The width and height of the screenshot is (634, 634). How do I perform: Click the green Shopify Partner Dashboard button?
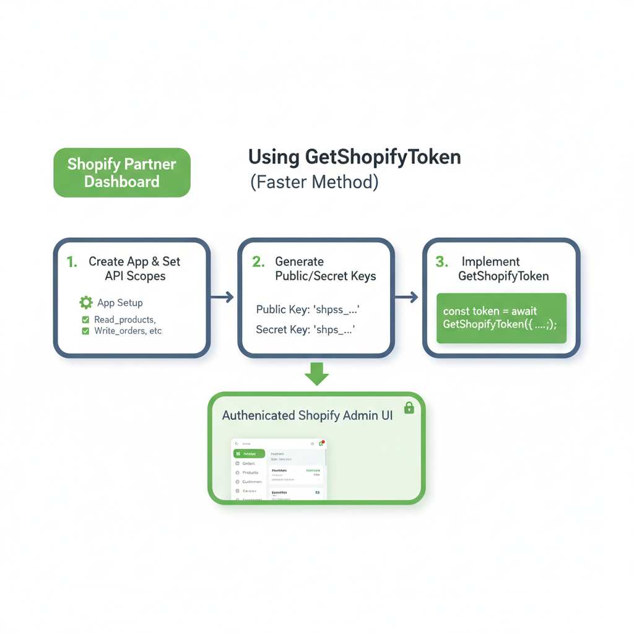pyautogui.click(x=122, y=173)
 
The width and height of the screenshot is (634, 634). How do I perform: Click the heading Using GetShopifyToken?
pyautogui.click(x=354, y=157)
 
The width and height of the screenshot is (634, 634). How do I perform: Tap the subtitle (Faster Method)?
pyautogui.click(x=314, y=183)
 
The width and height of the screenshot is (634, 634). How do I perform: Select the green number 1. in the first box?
pyautogui.click(x=72, y=262)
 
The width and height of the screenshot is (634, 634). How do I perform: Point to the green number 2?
pyautogui.click(x=258, y=262)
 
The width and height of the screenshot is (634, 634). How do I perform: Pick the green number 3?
pyautogui.click(x=441, y=262)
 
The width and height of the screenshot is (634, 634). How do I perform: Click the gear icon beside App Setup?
pyautogui.click(x=86, y=303)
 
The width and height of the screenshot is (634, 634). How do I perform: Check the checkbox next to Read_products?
pyautogui.click(x=85, y=320)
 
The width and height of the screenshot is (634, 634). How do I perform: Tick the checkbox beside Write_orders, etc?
pyautogui.click(x=85, y=331)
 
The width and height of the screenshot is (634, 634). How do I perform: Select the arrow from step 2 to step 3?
pyautogui.click(x=406, y=298)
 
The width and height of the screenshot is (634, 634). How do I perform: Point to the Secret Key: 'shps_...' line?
pyautogui.click(x=305, y=330)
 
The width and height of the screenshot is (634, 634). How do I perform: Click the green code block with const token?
pyautogui.click(x=502, y=318)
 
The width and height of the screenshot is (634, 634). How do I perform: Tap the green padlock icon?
pyautogui.click(x=409, y=407)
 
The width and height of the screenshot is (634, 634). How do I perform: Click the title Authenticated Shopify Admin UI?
pyautogui.click(x=307, y=415)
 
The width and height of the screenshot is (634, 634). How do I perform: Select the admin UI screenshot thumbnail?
pyautogui.click(x=279, y=469)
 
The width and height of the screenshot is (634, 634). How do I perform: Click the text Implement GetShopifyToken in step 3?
pyautogui.click(x=503, y=269)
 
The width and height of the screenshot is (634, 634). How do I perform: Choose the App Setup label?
pyautogui.click(x=119, y=303)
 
